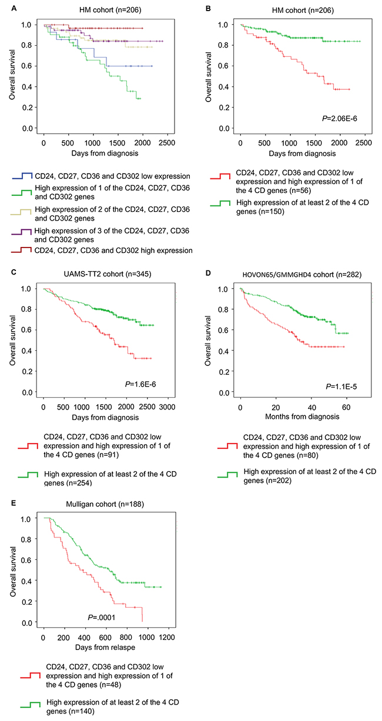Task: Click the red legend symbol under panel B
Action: (222, 175)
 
